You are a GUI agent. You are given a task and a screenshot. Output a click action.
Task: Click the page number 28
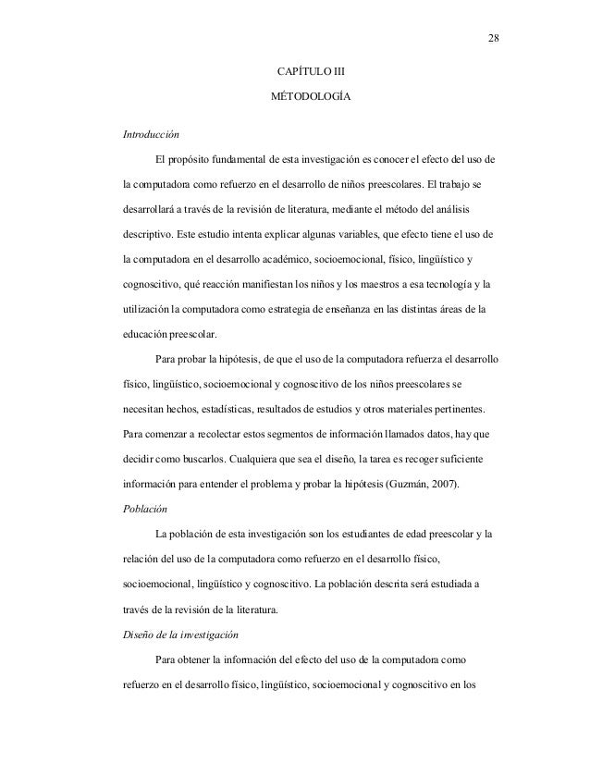491,38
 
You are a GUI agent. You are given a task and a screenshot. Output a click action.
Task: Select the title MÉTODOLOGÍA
309,97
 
